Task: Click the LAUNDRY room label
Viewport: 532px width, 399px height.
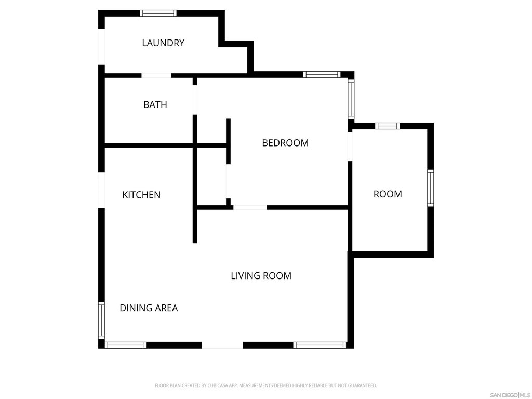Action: (163, 43)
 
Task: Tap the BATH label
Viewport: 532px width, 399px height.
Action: (155, 104)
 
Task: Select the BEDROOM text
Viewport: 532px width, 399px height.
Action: (285, 143)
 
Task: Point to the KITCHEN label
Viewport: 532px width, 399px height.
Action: (141, 195)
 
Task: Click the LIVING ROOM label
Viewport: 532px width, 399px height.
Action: (261, 276)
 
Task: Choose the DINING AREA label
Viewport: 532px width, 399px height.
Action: (149, 308)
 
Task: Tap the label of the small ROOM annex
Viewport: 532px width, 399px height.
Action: (388, 194)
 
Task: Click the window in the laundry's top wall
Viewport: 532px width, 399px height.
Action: (158, 13)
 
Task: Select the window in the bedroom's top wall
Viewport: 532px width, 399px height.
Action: (322, 75)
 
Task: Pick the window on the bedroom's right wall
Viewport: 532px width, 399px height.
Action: (351, 99)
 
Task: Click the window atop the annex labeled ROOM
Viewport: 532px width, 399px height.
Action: (388, 126)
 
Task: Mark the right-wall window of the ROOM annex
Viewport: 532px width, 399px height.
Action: (430, 188)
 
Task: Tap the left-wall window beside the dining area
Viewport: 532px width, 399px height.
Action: (101, 320)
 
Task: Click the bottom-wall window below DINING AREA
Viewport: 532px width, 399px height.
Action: (126, 345)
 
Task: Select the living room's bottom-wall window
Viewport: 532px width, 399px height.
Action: (320, 345)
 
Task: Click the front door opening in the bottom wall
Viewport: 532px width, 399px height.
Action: (222, 345)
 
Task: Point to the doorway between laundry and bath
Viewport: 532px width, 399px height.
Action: (156, 76)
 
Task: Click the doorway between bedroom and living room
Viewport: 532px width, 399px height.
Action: (250, 207)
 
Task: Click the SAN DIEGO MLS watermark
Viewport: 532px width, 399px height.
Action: (510, 395)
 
